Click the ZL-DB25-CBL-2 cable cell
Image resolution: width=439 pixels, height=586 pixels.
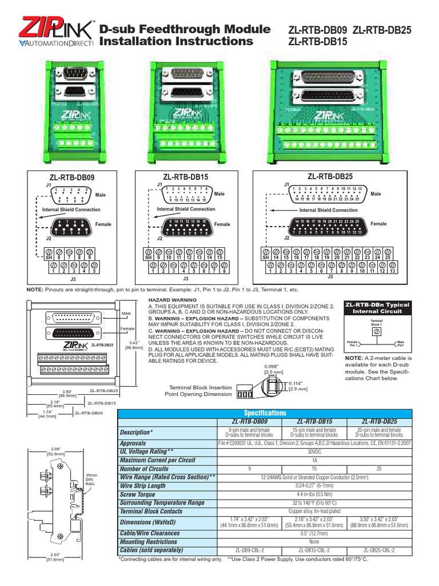click(x=378, y=550)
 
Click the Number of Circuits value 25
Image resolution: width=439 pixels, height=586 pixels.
click(x=378, y=469)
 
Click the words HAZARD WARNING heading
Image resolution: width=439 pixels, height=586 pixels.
click(x=168, y=300)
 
